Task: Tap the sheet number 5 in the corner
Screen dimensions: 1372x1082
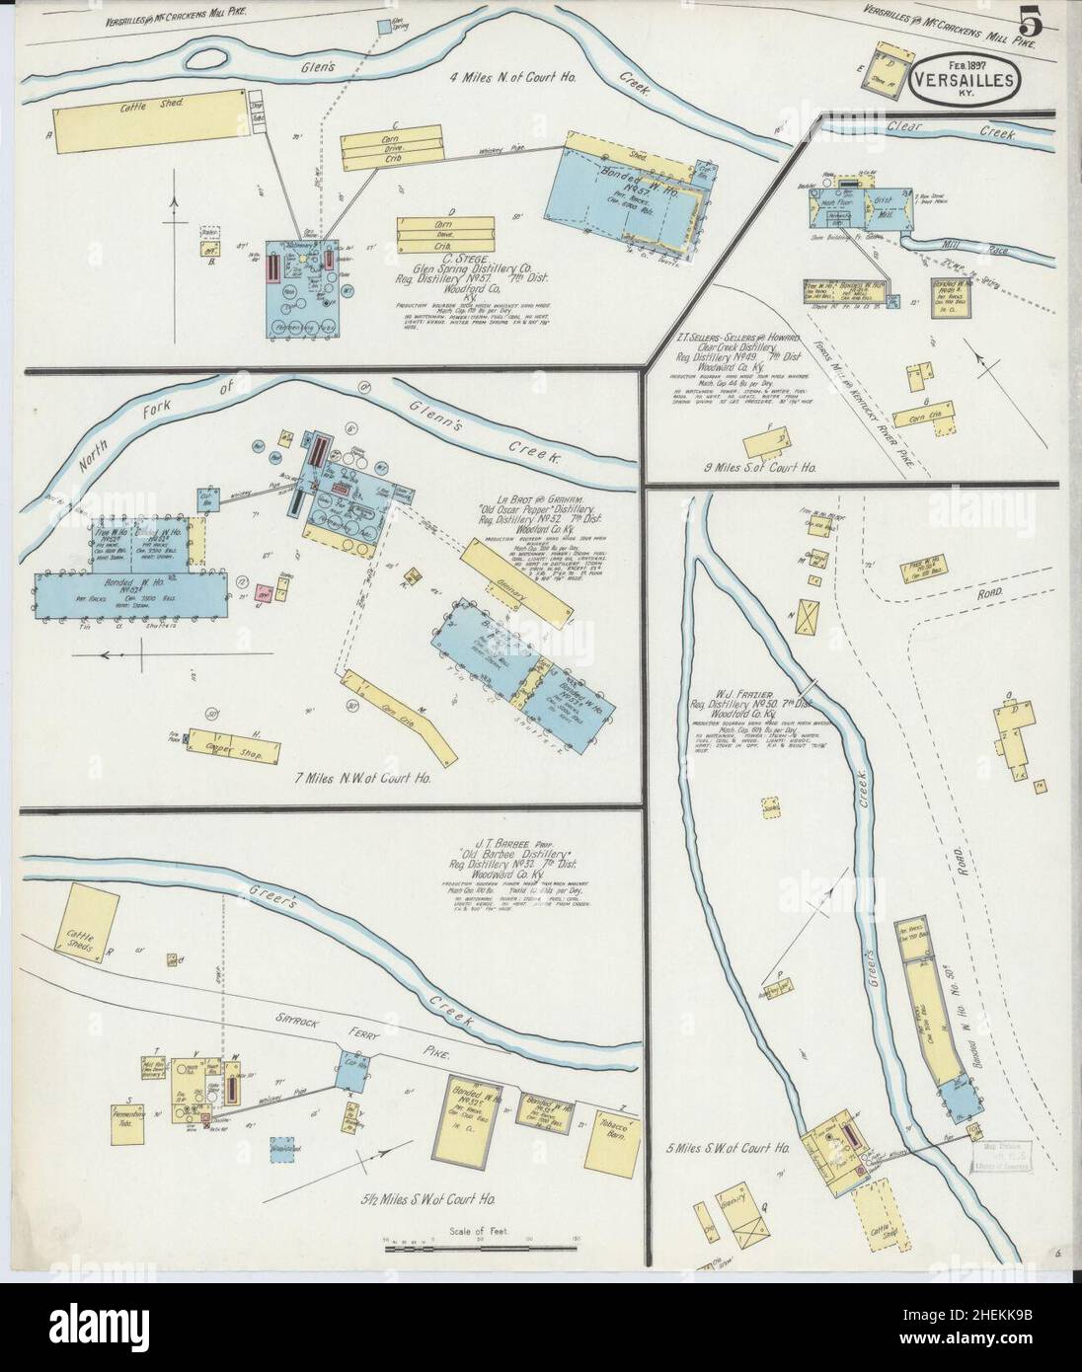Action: coord(1033,22)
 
